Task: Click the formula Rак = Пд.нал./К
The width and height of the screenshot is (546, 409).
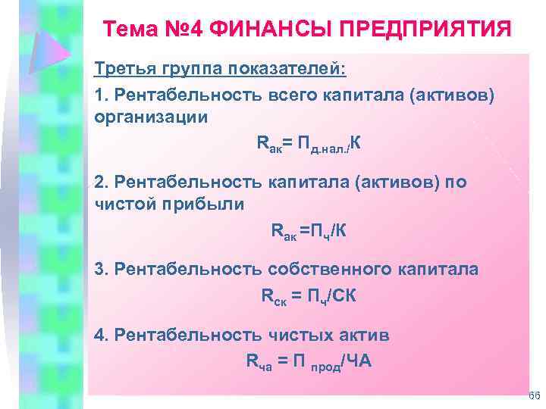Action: pos(304,144)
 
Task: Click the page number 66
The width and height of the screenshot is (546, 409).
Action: pos(533,396)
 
